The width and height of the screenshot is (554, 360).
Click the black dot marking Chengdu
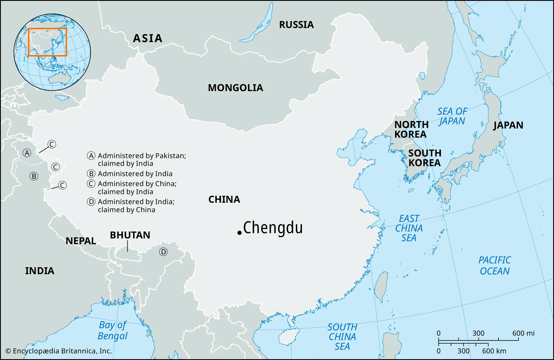click(x=240, y=233)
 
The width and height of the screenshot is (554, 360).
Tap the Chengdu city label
click(x=273, y=228)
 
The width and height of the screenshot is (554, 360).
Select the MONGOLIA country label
click(x=235, y=88)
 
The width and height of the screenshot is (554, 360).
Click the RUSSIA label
click(x=296, y=25)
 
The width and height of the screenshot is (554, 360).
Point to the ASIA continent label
click(x=148, y=38)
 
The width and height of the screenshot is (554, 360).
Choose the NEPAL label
click(x=81, y=241)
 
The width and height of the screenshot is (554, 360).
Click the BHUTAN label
click(x=130, y=235)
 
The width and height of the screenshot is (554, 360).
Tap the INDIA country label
click(x=40, y=271)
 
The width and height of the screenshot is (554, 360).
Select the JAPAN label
click(x=508, y=125)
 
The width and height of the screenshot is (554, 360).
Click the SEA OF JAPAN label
click(x=452, y=116)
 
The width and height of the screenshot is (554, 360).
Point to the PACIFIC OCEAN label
click(x=495, y=266)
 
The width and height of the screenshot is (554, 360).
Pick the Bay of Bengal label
click(x=112, y=330)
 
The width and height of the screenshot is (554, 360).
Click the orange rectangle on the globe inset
click(x=47, y=29)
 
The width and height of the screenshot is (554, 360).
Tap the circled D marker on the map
click(x=163, y=252)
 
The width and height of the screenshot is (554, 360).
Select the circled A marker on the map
click(x=27, y=153)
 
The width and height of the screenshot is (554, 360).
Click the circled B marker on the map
click(x=34, y=176)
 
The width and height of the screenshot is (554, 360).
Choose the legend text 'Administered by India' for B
click(x=135, y=174)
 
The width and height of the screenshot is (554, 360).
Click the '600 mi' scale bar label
click(x=523, y=333)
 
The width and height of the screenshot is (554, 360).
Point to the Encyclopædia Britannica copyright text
click(x=59, y=351)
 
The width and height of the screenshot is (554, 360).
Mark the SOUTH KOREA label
click(x=425, y=158)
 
